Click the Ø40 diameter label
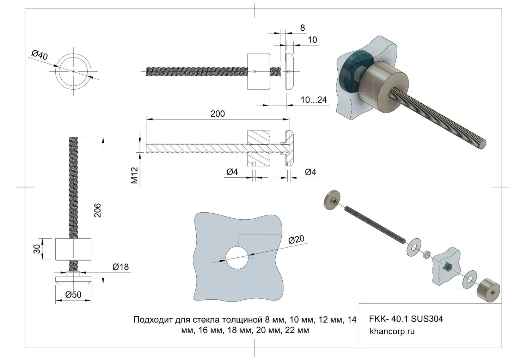pyautogui.click(x=39, y=55)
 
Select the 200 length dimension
pyautogui.click(x=217, y=114)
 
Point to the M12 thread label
pyautogui.click(x=134, y=175)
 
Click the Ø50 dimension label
pyautogui.click(x=73, y=295)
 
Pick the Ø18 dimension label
pyautogui.click(x=121, y=267)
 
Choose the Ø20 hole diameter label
pyautogui.click(x=296, y=240)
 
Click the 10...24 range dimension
pyautogui.click(x=314, y=100)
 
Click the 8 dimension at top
pyautogui.click(x=302, y=28)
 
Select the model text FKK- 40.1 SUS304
pyautogui.click(x=406, y=319)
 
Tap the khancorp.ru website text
pyautogui.click(x=392, y=331)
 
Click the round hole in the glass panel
pyautogui.click(x=237, y=258)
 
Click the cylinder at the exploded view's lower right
pyautogui.click(x=488, y=290)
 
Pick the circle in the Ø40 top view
pyautogui.click(x=74, y=71)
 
